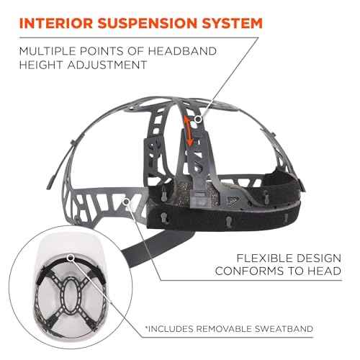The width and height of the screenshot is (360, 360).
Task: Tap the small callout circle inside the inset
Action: point(72,256)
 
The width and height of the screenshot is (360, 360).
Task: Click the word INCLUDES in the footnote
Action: point(169,329)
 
